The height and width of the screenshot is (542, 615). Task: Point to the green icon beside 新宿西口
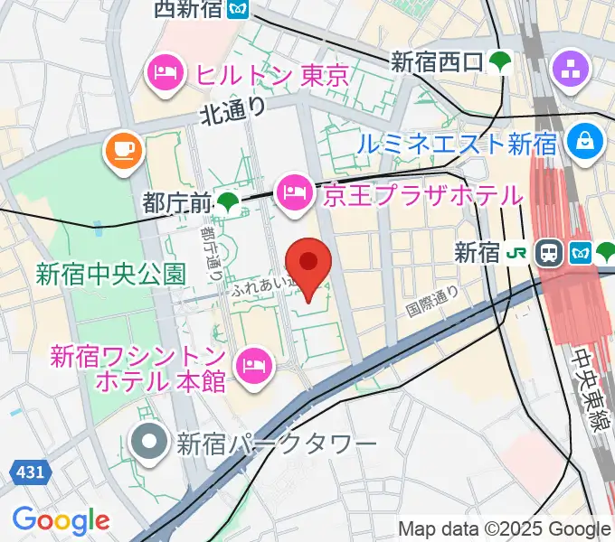(499, 61)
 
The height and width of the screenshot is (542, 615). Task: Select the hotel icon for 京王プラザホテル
(294, 191)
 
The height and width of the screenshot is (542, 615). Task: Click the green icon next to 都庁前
(229, 203)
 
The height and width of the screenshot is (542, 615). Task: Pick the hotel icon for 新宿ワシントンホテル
(250, 365)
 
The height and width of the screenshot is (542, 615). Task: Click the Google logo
(61, 519)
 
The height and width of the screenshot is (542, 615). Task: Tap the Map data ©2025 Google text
(505, 528)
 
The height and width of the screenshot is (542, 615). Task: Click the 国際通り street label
(432, 302)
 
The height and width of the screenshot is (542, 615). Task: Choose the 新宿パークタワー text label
(276, 444)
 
